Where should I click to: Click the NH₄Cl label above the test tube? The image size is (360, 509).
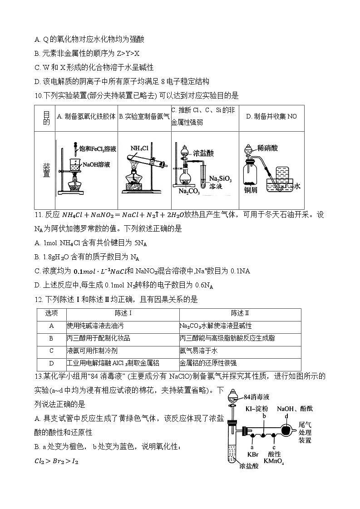(x=139, y=148)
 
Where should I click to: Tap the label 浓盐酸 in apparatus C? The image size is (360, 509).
(x=203, y=153)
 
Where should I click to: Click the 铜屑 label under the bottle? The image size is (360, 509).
(x=251, y=190)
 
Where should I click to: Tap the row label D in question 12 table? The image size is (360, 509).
(x=51, y=363)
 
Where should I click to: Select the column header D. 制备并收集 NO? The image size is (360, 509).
(x=271, y=117)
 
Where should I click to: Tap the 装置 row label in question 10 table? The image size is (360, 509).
(x=46, y=171)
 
